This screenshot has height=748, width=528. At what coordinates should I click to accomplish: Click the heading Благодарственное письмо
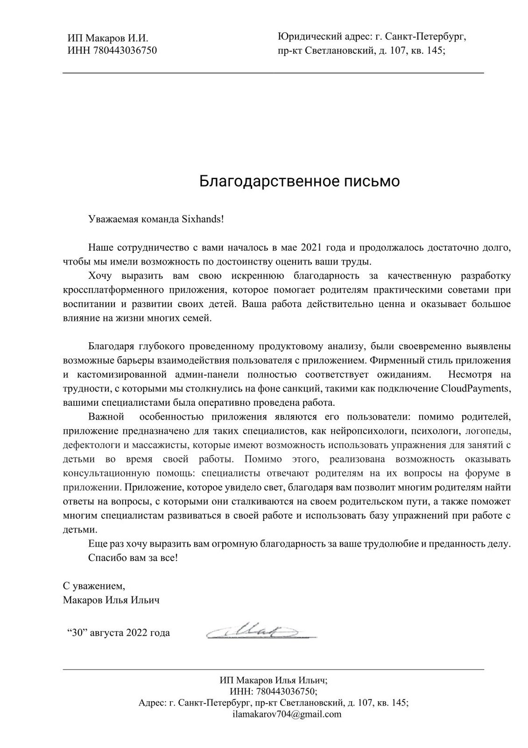(x=299, y=181)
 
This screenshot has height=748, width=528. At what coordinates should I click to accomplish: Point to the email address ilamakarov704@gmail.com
(x=287, y=714)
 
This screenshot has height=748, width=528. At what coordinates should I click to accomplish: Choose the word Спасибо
(x=105, y=558)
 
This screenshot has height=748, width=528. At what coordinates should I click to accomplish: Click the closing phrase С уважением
(x=94, y=585)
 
